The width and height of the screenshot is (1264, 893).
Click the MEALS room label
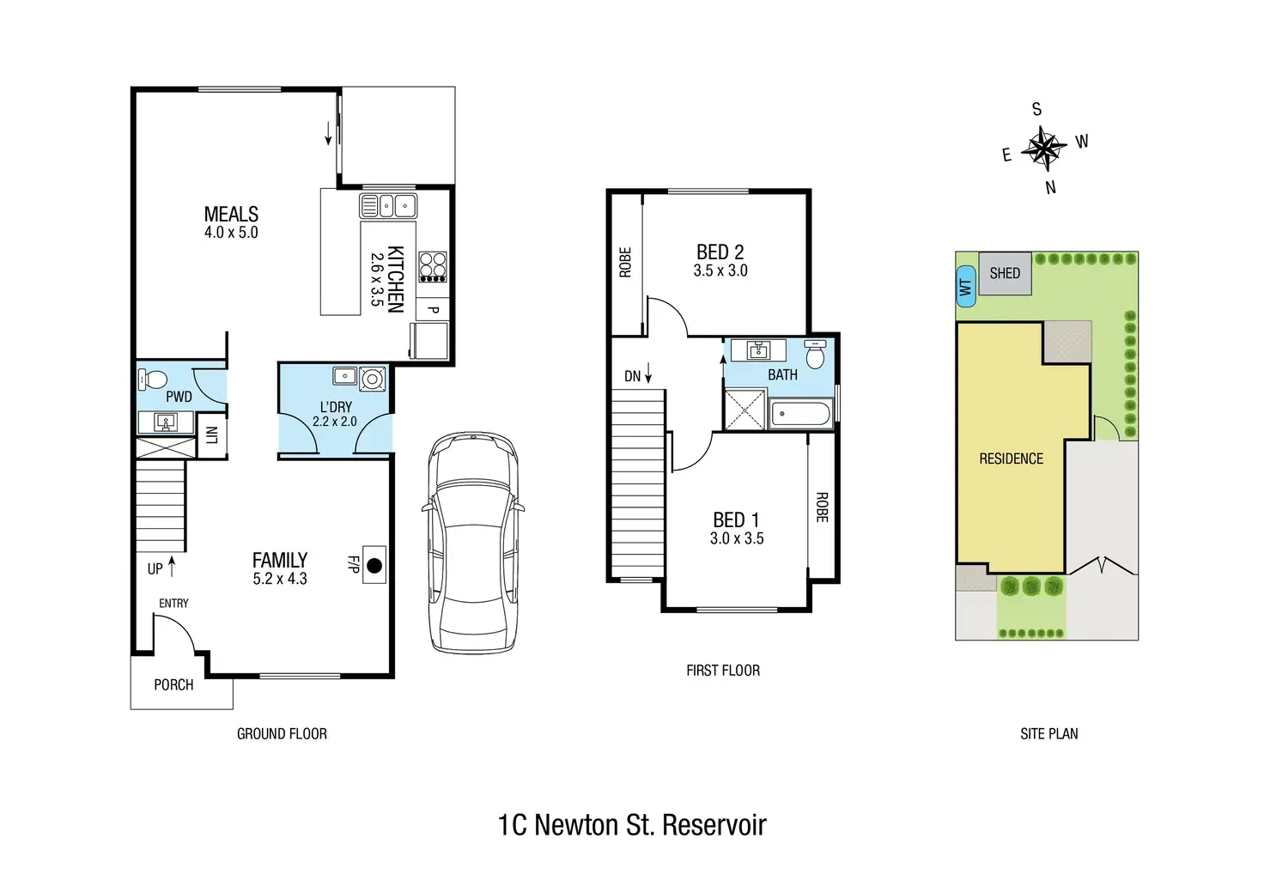point(231,215)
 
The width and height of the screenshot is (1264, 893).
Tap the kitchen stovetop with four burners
point(433,267)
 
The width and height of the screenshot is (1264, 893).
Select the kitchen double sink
point(388,206)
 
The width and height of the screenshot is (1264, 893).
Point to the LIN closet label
point(212,435)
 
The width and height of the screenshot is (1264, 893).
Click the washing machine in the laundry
point(373,379)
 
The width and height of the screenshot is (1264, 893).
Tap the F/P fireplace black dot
point(374,565)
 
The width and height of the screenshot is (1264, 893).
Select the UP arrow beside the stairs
point(172,567)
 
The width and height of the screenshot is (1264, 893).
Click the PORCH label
point(173,685)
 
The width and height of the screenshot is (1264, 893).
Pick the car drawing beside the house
point(473,543)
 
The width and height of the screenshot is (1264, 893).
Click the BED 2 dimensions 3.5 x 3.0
point(720,270)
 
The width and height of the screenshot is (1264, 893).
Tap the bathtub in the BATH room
point(800,414)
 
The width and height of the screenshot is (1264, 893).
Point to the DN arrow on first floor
point(648,374)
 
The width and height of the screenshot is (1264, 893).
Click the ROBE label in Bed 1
point(822,507)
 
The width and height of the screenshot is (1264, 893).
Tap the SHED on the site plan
point(1005,273)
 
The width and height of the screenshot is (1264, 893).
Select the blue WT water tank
point(966,287)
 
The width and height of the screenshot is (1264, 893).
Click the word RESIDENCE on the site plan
point(1012,459)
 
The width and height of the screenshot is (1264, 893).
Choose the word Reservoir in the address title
point(714,825)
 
